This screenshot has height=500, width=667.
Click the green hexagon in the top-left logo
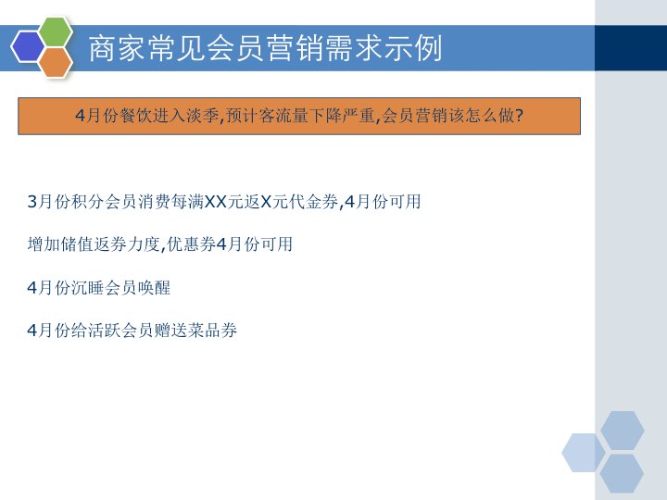56,31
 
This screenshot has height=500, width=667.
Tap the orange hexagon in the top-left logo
56,62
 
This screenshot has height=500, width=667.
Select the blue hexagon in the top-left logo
28,45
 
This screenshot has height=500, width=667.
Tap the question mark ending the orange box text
519,116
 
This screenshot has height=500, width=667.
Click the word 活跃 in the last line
113,330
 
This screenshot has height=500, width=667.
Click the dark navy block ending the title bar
630,48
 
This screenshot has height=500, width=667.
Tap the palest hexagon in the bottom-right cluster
584,453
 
